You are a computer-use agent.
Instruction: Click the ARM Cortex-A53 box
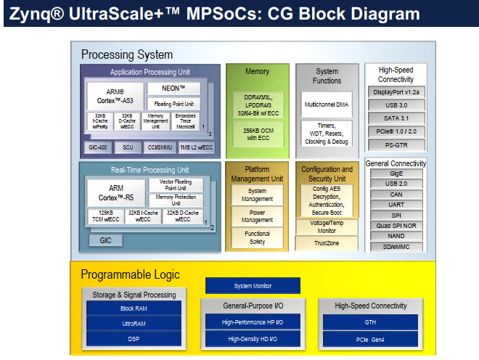115,96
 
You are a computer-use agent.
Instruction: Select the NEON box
173,89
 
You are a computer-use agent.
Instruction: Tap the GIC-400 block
98,147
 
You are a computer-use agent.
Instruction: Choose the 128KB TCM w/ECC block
104,216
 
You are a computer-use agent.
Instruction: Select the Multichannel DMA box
327,105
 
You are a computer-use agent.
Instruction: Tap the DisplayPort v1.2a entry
396,93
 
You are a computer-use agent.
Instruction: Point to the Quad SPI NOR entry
396,226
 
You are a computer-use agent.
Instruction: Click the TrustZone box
327,244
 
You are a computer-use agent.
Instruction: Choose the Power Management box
256,216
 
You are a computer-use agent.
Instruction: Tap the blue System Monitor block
253,286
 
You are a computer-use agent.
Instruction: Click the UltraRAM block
133,323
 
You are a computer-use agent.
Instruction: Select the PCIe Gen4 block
370,339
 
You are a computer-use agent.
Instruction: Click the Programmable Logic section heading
130,274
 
